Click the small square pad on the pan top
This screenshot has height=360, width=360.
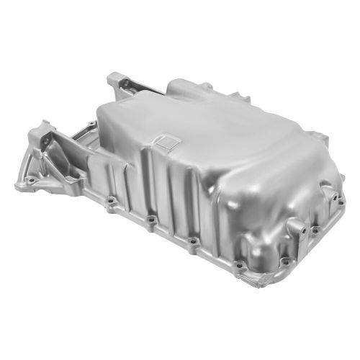pyautogui.click(x=166, y=141)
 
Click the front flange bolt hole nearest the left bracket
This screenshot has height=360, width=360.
pyautogui.click(x=110, y=201)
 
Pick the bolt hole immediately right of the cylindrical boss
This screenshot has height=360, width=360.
pyautogui.click(x=314, y=230)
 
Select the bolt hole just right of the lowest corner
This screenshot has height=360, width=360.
pyautogui.click(x=286, y=261)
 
